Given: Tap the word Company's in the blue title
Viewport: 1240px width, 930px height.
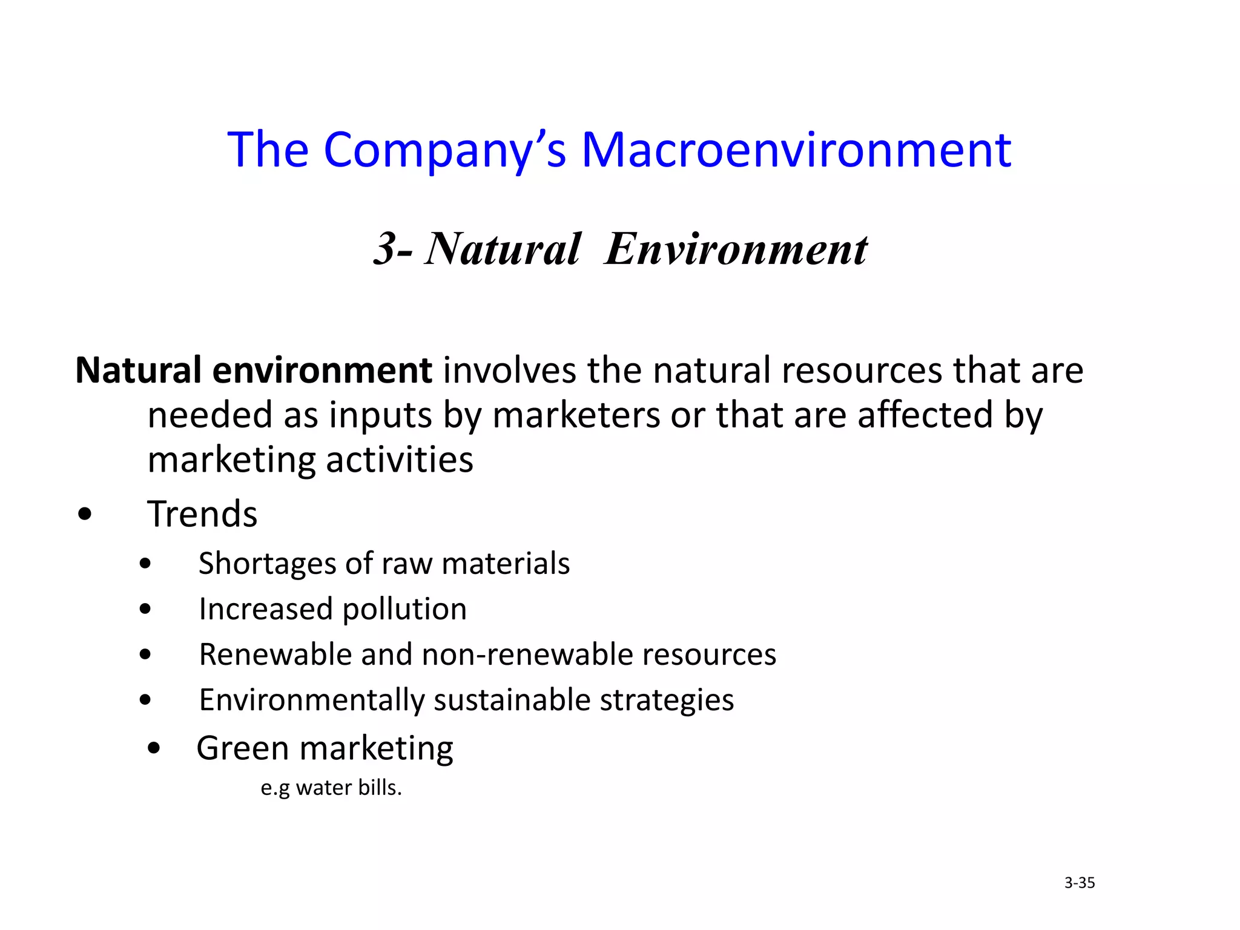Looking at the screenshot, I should tap(445, 151).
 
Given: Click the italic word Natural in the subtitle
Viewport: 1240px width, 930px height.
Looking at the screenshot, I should tap(503, 249).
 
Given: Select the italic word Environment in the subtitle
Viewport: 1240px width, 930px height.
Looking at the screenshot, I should tap(736, 249).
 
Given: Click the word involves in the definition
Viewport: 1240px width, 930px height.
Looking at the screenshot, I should tap(509, 371).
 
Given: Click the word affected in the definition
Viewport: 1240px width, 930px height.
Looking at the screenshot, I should tap(925, 415).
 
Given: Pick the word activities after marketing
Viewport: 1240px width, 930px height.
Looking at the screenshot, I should tap(400, 460).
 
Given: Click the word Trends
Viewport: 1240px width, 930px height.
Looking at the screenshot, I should tap(202, 515).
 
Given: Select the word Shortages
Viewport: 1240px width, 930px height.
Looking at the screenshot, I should tap(266, 564).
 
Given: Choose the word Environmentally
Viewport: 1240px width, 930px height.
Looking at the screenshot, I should tap(311, 701).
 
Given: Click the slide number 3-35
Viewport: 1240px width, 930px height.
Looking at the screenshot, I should tap(1080, 883).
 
